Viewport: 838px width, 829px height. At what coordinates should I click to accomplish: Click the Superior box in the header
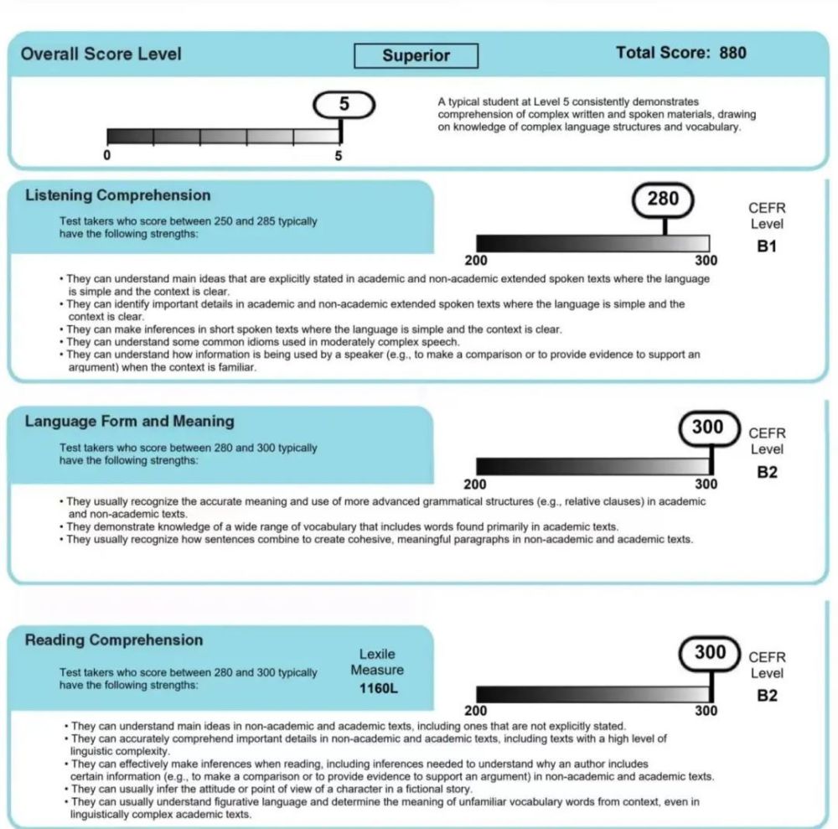416,56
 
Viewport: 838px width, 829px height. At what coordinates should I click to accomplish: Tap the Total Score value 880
732,53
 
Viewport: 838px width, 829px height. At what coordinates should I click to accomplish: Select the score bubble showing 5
344,105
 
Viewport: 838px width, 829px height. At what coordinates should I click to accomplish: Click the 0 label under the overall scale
107,155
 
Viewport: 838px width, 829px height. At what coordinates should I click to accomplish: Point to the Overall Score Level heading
101,54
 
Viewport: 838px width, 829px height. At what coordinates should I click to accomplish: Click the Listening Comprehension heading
117,195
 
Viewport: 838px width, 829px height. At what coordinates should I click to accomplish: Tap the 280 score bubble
663,199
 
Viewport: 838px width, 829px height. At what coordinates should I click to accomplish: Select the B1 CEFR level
767,247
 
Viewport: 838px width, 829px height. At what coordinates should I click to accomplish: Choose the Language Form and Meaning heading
129,421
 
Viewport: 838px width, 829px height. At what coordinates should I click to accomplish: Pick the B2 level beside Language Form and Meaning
767,472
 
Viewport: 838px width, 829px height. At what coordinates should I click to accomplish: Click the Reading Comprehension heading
114,640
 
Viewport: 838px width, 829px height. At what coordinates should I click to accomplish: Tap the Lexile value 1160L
376,689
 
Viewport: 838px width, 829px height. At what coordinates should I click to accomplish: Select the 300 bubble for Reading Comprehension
710,652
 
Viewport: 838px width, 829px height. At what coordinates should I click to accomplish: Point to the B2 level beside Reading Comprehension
767,696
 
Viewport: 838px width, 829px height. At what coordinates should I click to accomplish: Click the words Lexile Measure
376,662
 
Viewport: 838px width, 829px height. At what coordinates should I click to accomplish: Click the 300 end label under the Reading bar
706,711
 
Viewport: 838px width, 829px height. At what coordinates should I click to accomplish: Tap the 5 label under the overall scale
339,155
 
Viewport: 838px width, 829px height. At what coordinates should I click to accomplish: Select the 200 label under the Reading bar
476,711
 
